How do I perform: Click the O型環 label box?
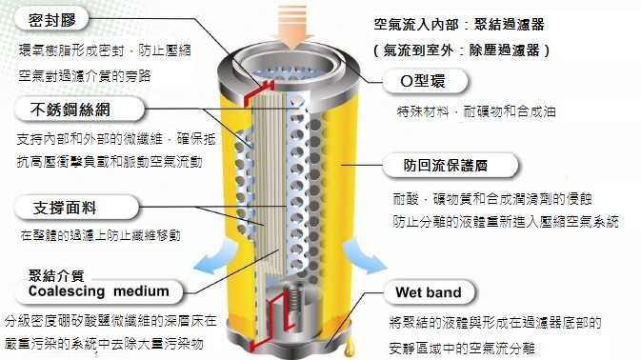point(430,82)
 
